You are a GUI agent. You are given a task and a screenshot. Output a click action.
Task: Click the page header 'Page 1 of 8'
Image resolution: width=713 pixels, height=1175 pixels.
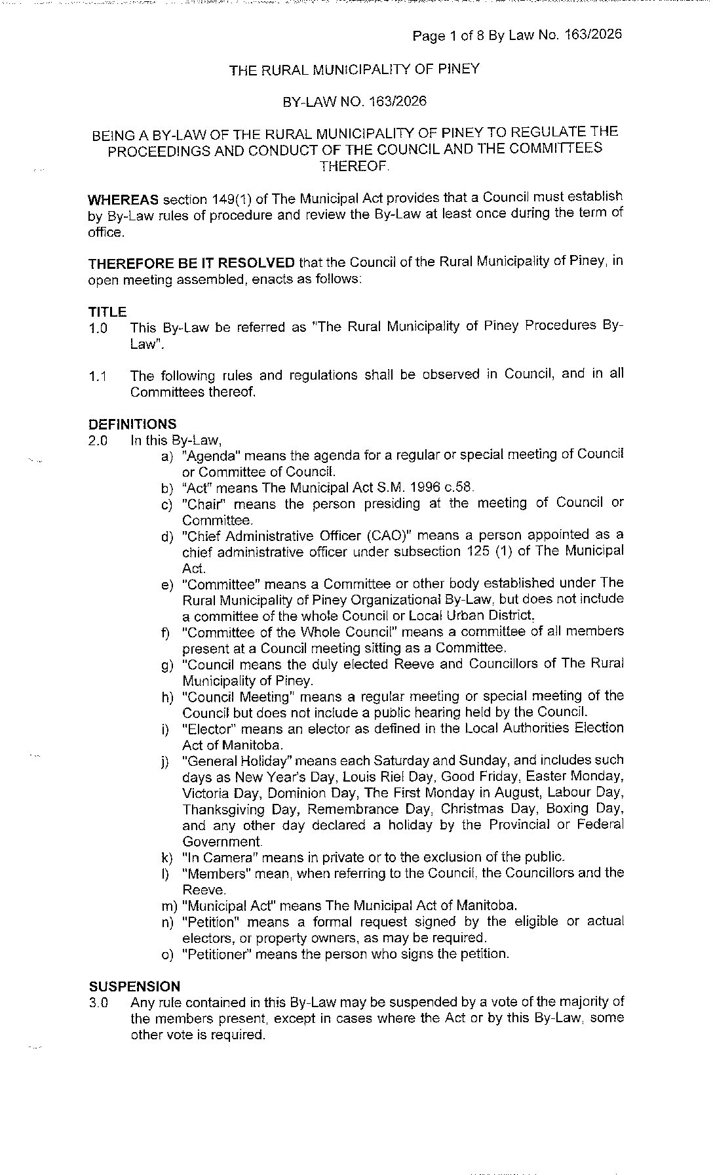pos(448,35)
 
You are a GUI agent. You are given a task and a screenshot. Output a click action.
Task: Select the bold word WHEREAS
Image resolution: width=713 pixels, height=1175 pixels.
pos(123,199)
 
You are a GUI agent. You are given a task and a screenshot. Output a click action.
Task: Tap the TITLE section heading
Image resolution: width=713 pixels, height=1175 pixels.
pos(107,312)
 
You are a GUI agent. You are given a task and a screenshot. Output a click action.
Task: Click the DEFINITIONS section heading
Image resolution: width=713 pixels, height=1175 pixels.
pos(132,424)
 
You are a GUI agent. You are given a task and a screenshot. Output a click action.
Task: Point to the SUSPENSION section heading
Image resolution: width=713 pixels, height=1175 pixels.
pos(134,986)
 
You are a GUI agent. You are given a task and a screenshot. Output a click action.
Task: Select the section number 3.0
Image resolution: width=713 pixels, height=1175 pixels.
pos(99,1003)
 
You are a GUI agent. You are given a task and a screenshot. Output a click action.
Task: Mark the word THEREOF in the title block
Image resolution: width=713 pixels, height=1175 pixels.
pos(354,166)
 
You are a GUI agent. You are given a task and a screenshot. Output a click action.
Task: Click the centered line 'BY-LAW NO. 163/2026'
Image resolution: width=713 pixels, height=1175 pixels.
pos(354,101)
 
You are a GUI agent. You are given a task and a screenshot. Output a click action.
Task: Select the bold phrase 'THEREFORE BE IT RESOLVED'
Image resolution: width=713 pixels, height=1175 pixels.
pos(191,263)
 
